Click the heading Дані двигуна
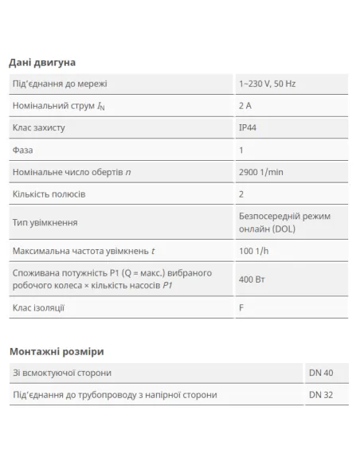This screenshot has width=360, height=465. coord(41,62)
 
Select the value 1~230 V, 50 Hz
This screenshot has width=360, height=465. coord(272,84)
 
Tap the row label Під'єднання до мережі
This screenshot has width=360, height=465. coord(61,84)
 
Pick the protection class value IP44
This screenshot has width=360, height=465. coord(248,127)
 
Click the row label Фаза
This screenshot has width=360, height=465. coord(23,150)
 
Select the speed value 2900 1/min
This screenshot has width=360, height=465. coord(266,172)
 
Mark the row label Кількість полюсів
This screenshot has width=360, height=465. coord(49,193)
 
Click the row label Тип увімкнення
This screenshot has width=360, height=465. coord(45,223)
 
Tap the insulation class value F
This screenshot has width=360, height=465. coord(241,308)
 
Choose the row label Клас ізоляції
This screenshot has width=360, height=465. coord(39,308)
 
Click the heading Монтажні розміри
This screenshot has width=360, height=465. coord(57,350)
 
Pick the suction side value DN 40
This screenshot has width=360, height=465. coord(322,372)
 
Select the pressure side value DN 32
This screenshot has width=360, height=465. coord(322,394)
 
